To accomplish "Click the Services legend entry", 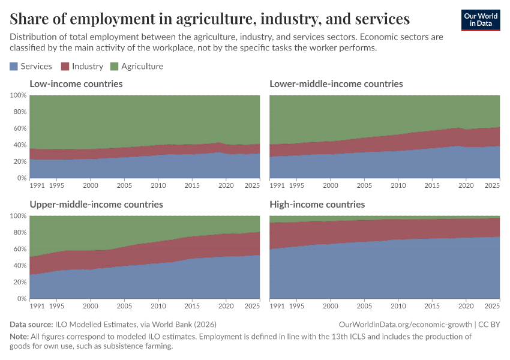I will click(x=31, y=67).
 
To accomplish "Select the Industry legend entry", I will click(x=82, y=67).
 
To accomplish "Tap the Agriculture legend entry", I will click(x=137, y=67).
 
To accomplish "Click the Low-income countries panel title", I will click(x=76, y=84).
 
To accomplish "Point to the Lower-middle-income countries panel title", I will click(x=336, y=84).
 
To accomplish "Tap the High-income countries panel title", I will click(x=317, y=205).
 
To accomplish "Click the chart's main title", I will click(x=210, y=19).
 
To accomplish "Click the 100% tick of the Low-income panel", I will click(x=18, y=95).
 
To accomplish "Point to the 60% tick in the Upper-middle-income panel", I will click(x=19, y=249).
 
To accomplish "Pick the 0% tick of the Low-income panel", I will click(x=21, y=178).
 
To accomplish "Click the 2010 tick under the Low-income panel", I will click(x=158, y=186).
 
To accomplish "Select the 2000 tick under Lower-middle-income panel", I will click(x=330, y=186).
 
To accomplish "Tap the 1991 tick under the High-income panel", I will click(x=277, y=307).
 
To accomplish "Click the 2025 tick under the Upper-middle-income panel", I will click(x=252, y=307).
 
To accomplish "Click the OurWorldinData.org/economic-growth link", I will click(x=405, y=325).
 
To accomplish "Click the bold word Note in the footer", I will click(x=20, y=337).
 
